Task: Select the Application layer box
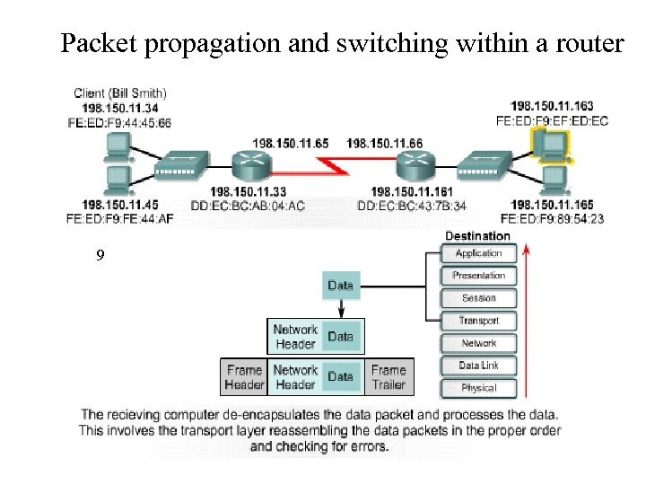478,254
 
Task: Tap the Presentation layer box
478,276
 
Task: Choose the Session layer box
478,298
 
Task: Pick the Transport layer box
478,321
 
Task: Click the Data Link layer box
478,366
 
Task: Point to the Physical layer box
478,388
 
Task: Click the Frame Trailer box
388,377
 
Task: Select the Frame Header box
244,377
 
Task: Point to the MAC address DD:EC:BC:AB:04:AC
248,206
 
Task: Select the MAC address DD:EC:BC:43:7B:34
412,206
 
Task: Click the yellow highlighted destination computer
548,144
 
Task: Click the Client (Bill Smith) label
119,93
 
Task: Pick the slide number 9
100,256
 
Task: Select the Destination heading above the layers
477,236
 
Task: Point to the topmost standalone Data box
340,286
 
